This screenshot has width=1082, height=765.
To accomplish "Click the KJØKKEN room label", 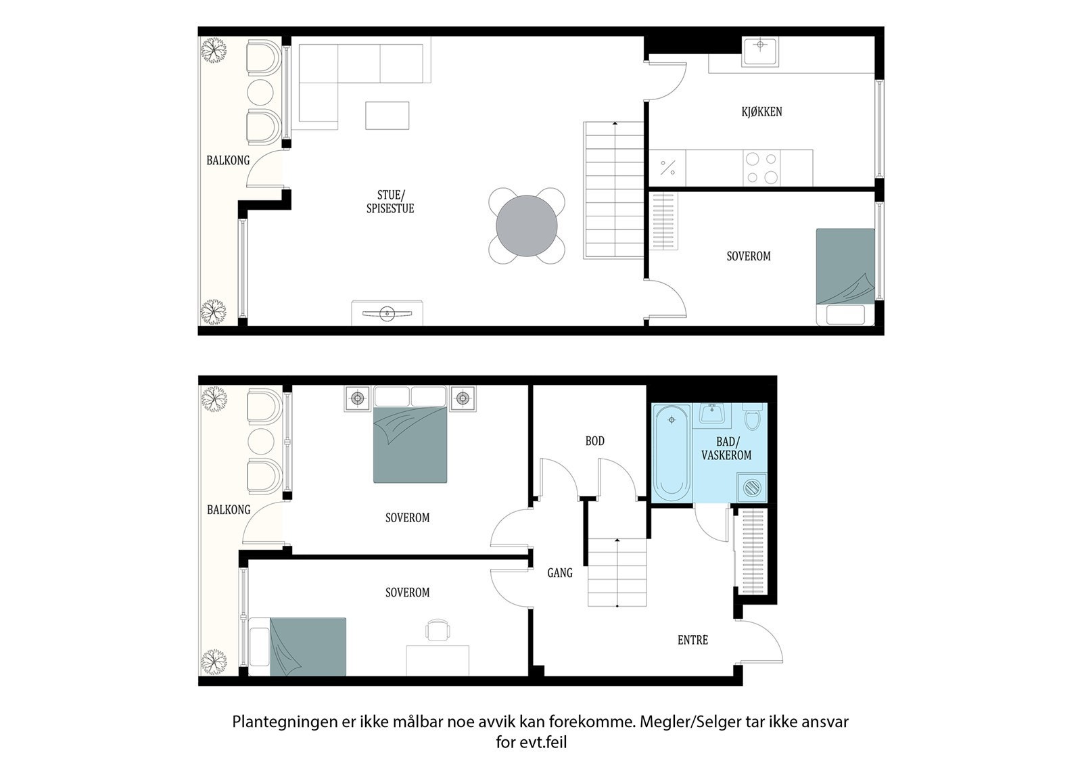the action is pos(761,112).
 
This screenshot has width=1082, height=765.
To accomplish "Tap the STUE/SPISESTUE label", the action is pos(390,202).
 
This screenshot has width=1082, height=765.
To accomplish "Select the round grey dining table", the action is pos(527,226).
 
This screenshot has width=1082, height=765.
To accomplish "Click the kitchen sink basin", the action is pos(760,51).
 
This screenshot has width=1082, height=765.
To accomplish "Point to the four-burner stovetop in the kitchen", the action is pos(761,168).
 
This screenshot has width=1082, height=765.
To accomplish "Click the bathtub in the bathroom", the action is pos(672,453).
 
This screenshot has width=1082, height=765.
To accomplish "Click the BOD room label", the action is pos(594,441).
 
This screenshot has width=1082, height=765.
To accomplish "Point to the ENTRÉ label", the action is pos(692,640).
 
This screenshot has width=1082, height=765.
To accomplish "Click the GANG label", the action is pos(560,573).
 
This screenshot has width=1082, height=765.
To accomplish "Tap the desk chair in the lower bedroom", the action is pos(438,630).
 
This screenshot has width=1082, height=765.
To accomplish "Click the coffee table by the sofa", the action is pos(387,116).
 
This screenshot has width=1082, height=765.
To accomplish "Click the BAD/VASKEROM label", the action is pos(726,448).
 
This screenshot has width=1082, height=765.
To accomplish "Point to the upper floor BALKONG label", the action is pos(228,160).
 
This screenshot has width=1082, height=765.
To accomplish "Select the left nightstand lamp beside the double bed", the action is pos(358,398).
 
